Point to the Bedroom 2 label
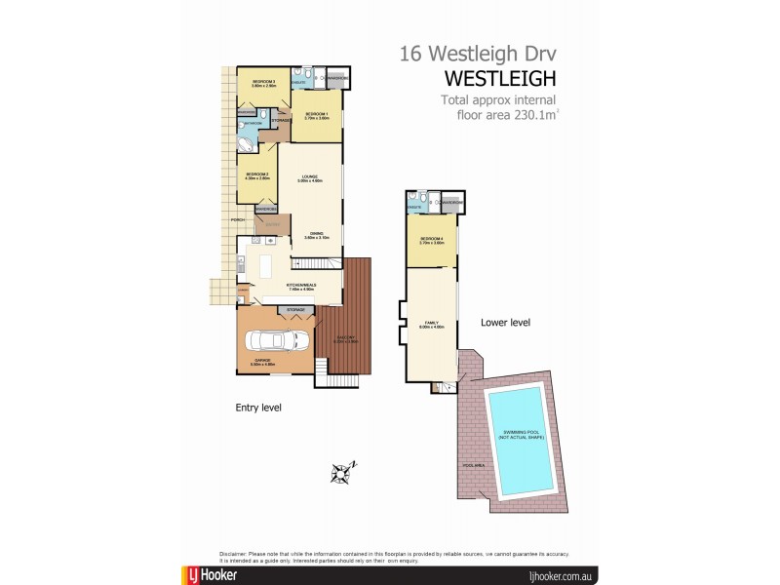(256, 175)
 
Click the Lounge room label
(309, 178)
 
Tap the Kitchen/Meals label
(299, 287)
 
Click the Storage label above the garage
(295, 310)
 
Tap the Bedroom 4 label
(432, 241)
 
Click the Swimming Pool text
(523, 435)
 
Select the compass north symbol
(341, 473)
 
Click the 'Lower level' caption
(505, 322)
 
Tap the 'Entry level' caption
(257, 408)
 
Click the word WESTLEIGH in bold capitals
(500, 77)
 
